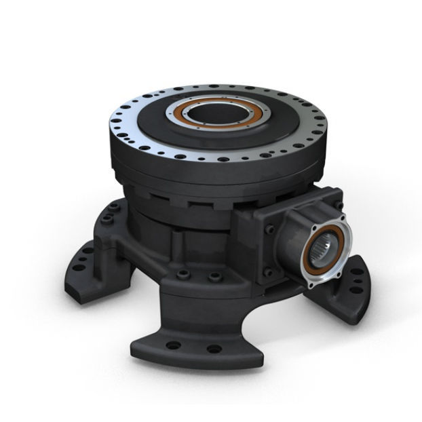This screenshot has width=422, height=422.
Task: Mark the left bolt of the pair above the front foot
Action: click(x=182, y=275)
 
